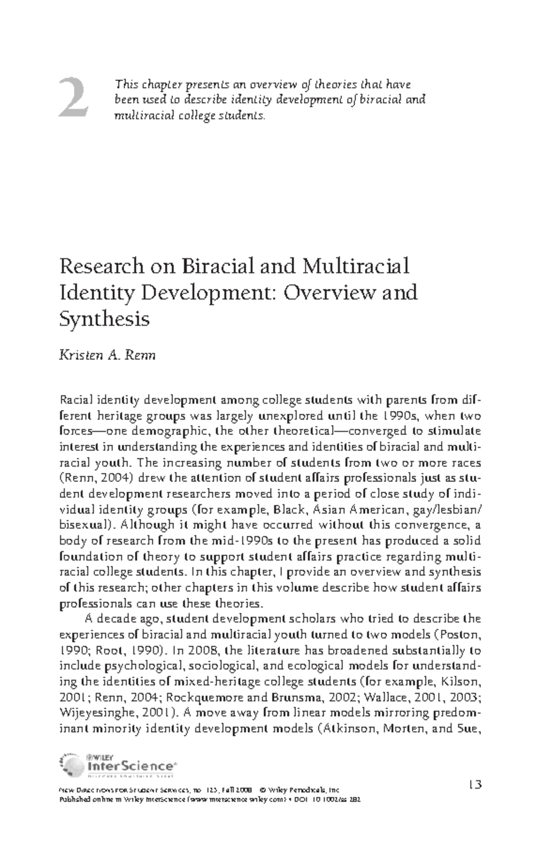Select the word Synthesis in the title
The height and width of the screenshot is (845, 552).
pyautogui.click(x=104, y=318)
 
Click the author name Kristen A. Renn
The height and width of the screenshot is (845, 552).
pyautogui.click(x=108, y=356)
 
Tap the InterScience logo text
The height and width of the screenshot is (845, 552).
pyautogui.click(x=129, y=766)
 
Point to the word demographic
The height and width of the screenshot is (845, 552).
pyautogui.click(x=172, y=431)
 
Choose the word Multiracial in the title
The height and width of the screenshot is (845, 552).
pyautogui.click(x=355, y=266)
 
